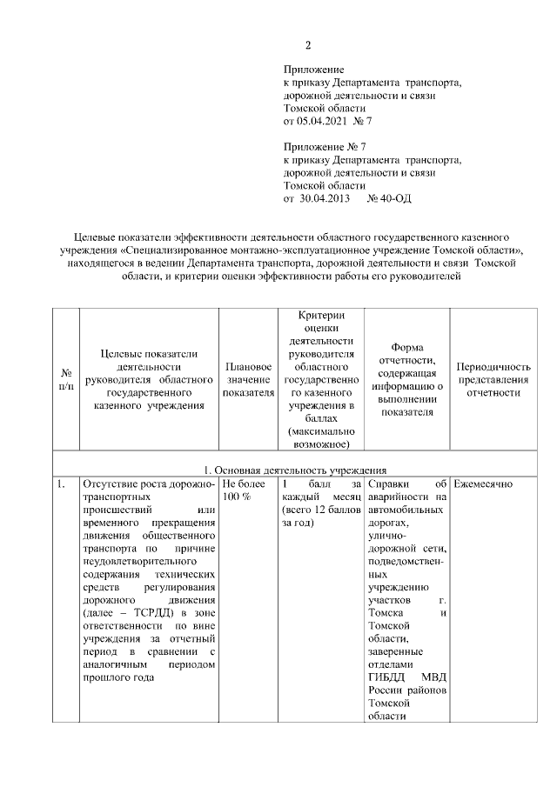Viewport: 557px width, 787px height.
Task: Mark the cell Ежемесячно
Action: [x=484, y=484]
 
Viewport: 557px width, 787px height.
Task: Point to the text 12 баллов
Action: [x=326, y=510]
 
